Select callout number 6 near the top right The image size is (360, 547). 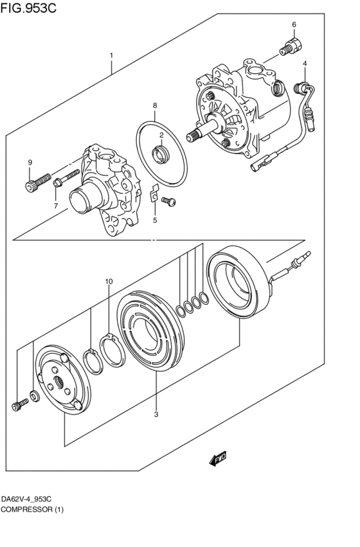[294, 25]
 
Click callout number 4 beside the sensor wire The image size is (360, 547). [305, 63]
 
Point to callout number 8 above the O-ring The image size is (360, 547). [154, 105]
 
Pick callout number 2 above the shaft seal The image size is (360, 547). [161, 135]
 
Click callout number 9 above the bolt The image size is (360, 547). [30, 161]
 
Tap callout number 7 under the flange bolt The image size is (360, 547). [56, 206]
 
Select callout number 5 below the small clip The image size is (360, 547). [154, 220]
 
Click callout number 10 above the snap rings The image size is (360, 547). [109, 282]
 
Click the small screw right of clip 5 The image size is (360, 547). [169, 201]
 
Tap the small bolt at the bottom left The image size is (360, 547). [19, 404]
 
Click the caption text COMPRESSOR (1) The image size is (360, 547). [33, 509]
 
